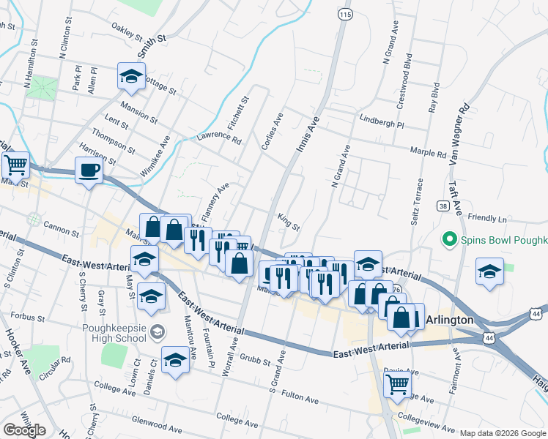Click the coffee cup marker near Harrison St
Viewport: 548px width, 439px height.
tap(89, 170)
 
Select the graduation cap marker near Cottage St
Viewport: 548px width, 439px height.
tap(131, 76)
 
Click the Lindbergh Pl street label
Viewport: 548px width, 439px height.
tap(381, 121)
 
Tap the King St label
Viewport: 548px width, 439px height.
tap(289, 222)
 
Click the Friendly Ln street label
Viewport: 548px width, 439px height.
tap(486, 219)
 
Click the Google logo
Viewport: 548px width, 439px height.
tap(24, 429)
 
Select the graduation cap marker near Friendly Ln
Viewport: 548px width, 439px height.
tap(489, 271)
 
